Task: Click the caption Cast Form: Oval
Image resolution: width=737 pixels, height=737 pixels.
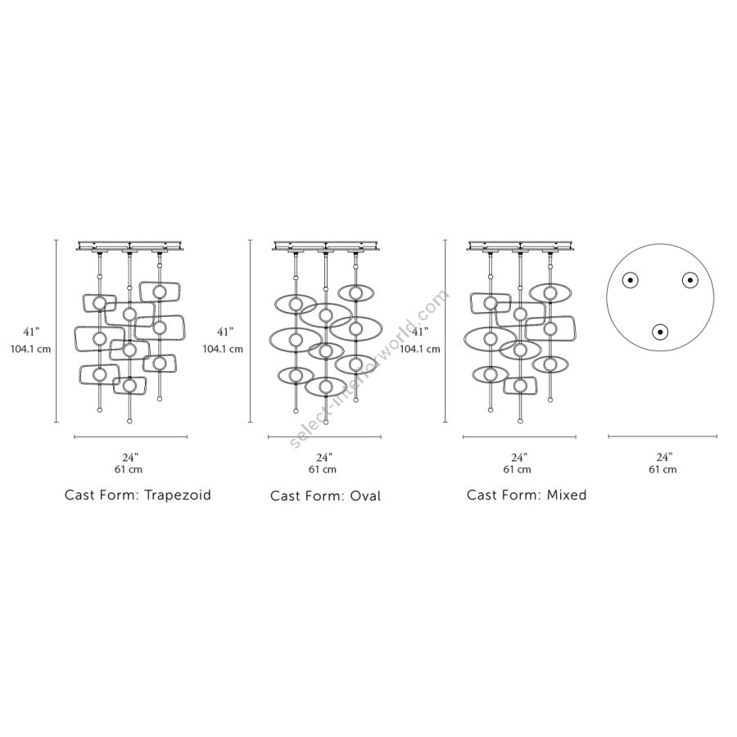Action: click(325, 495)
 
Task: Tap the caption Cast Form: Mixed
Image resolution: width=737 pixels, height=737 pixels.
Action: click(527, 495)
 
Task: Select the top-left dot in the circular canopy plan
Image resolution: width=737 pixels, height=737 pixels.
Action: click(631, 280)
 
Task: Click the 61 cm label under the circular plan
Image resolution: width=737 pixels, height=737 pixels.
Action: click(663, 470)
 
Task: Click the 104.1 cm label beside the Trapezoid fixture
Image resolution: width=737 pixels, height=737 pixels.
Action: click(30, 348)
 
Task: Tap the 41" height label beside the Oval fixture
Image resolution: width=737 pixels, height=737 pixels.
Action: click(225, 332)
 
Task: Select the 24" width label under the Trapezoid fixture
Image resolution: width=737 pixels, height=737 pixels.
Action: click(130, 457)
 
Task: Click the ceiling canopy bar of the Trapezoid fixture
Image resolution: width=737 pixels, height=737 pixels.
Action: click(130, 245)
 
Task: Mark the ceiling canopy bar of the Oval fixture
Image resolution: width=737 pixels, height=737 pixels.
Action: click(325, 245)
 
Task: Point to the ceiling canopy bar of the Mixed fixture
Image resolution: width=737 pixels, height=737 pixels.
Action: click(519, 245)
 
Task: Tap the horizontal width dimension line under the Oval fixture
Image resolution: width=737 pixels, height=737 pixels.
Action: click(325, 437)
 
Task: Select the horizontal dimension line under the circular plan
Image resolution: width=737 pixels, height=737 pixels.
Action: click(663, 437)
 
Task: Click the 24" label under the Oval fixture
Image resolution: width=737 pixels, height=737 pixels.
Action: click(323, 457)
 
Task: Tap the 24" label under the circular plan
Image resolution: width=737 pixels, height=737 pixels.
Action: click(663, 457)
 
